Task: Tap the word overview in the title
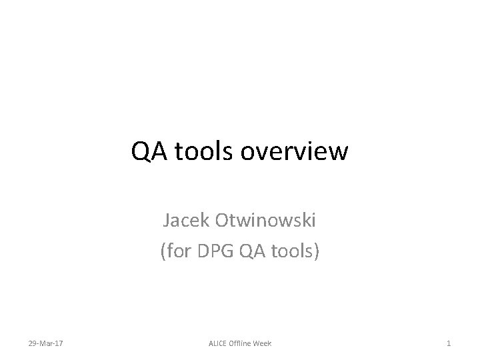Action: [295, 153]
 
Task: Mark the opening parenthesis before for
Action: [163, 253]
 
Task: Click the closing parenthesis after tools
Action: [317, 253]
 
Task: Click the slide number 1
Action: [449, 343]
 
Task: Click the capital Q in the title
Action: [141, 153]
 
